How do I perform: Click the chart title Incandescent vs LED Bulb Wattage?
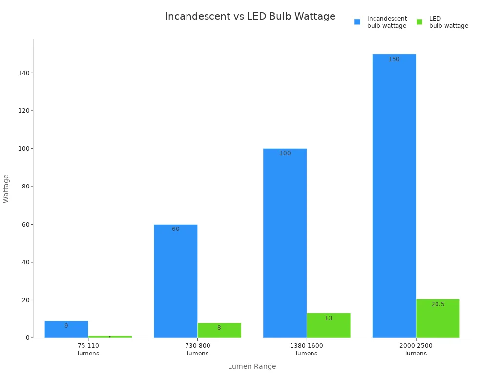coord(250,17)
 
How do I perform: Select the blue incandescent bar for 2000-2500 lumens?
coord(394,195)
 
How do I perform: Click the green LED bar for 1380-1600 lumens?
coord(328,326)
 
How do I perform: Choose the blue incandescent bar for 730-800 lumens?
coord(175,281)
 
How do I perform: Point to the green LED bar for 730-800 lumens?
coord(219,330)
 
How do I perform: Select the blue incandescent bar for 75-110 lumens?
coord(66,329)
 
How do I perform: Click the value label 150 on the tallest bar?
coord(394,59)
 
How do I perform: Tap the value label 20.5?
coord(437,304)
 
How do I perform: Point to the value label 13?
coord(329,318)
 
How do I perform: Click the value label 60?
coord(175,229)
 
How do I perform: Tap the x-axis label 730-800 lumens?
coord(198,350)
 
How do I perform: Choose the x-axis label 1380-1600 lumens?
coord(307,350)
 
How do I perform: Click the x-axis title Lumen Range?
coord(252,366)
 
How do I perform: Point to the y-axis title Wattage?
coord(6,188)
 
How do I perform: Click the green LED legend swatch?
coord(419,22)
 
